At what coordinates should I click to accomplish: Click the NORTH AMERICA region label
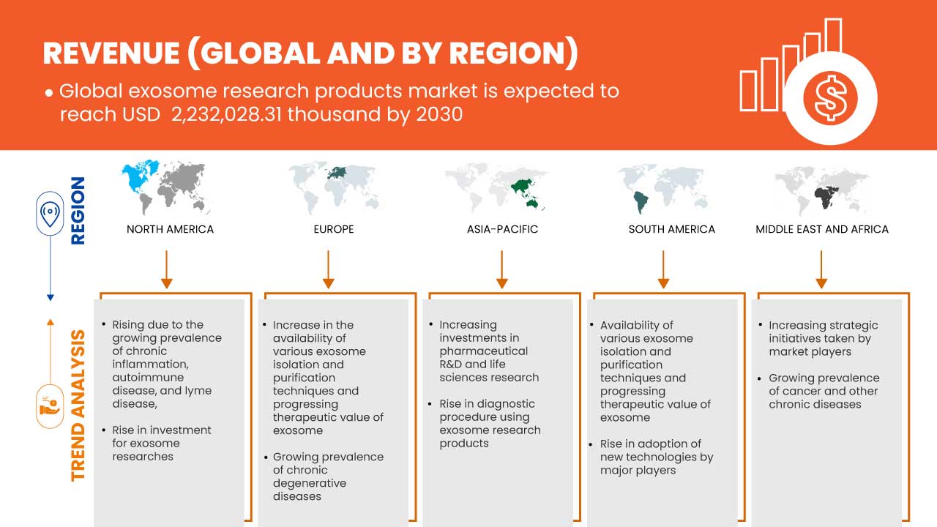pos(170,229)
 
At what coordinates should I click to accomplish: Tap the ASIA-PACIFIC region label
pos(502,229)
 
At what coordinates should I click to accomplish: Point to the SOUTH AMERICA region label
pos(671,229)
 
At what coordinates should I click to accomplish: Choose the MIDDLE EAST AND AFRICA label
pos(821,229)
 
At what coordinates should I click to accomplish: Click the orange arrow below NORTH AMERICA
pos(166,269)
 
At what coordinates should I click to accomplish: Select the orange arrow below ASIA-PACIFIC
pos(502,269)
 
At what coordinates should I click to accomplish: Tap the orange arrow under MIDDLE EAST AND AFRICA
pos(821,269)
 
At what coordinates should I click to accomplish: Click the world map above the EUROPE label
pos(335,186)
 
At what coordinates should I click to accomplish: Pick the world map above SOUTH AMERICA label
pos(664,187)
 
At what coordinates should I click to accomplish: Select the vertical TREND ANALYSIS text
pos(78,405)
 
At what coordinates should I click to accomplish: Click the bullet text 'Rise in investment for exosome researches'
pos(162,443)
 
